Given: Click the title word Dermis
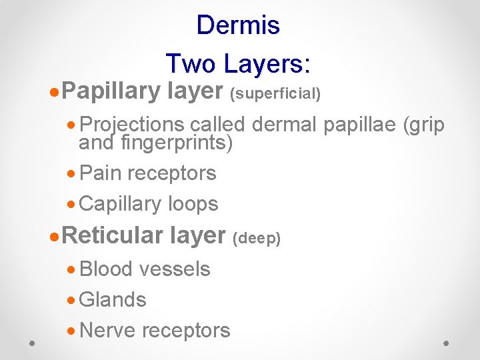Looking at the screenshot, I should [x=238, y=25].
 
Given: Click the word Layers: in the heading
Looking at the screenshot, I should [x=267, y=64].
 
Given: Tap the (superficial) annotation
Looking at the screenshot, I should [x=275, y=94].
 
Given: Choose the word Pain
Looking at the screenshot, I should [x=100, y=173].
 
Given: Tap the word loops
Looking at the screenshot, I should [x=195, y=204].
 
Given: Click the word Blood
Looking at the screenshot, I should [x=105, y=269].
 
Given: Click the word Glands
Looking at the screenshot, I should [x=113, y=300].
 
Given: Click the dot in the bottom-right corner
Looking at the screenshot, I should [x=446, y=342].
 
